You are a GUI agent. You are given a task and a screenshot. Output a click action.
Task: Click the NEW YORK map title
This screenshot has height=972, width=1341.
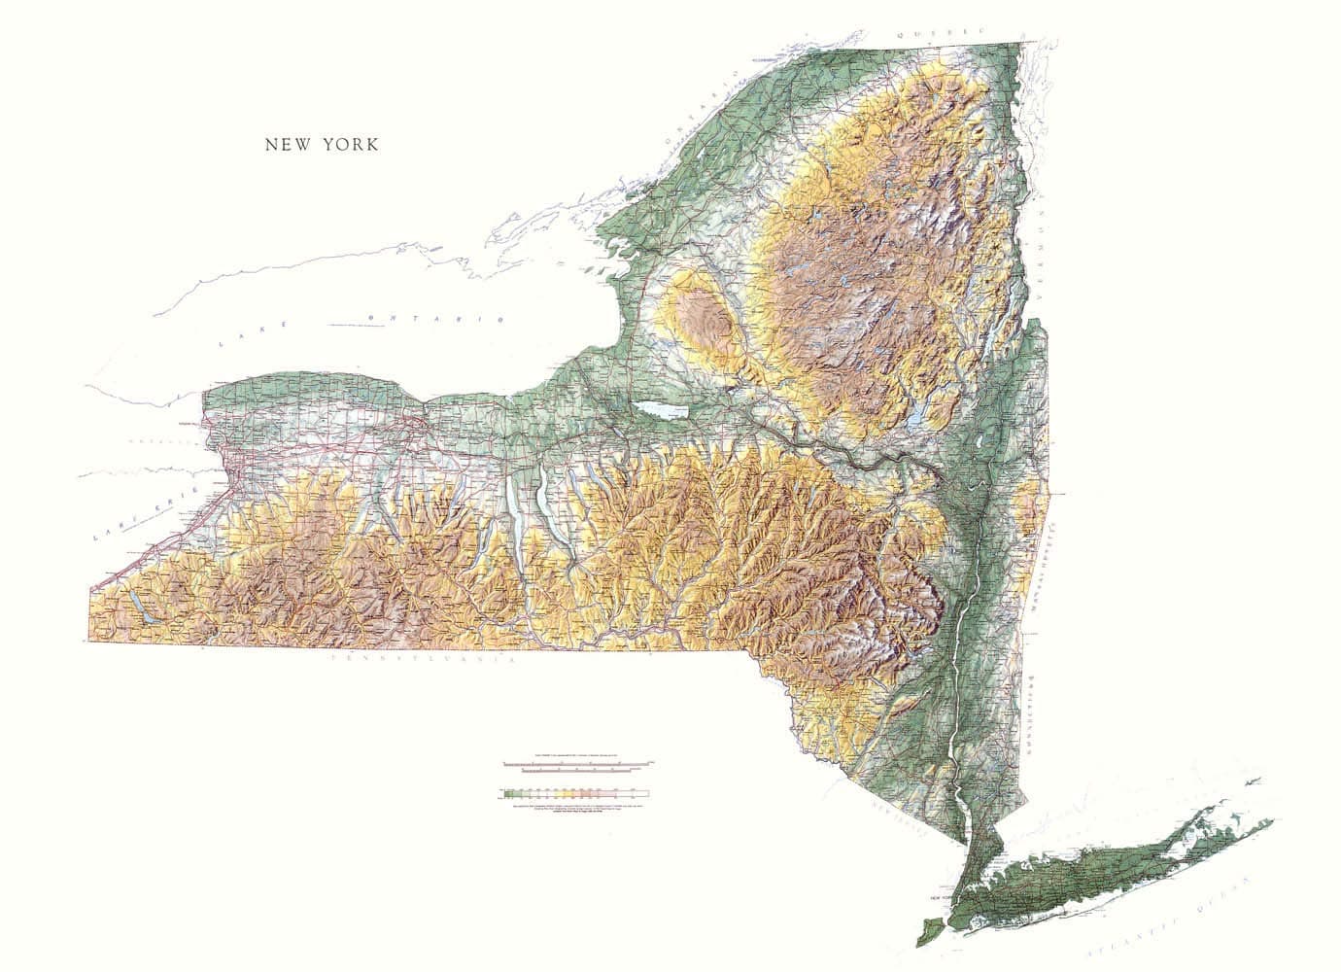click(x=323, y=145)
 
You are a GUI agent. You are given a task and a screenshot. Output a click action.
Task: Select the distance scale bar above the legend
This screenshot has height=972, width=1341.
click(x=579, y=765)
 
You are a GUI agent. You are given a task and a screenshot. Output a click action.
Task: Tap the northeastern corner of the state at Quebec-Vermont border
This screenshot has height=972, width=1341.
click(x=1022, y=43)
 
